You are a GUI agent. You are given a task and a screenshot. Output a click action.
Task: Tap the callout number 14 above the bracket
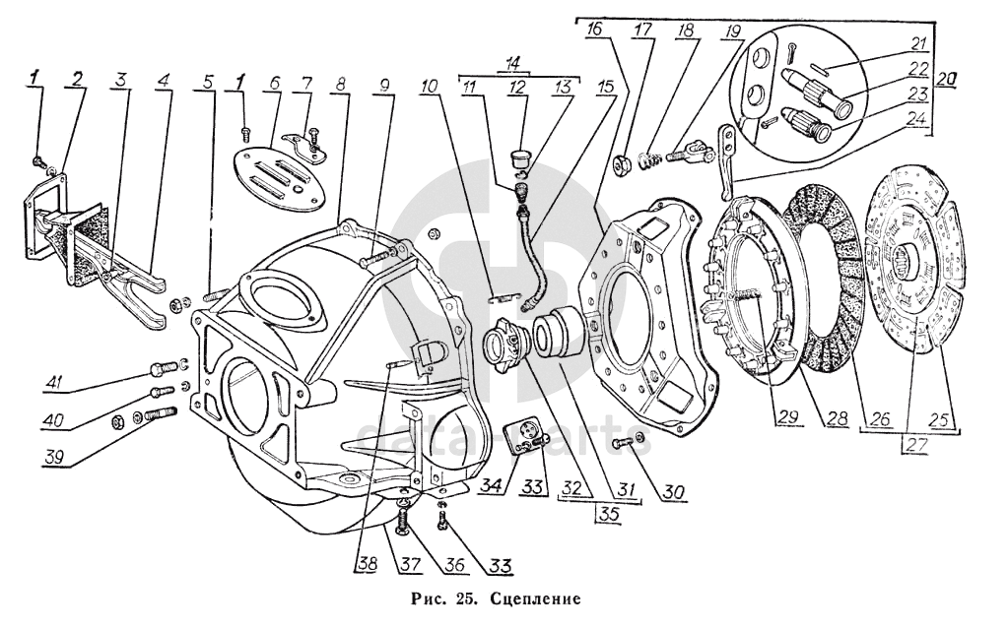[512, 64]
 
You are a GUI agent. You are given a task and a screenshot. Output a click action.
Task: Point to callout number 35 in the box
[612, 514]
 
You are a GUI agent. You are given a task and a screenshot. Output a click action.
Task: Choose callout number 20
[944, 80]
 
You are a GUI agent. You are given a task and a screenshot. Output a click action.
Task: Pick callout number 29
[788, 417]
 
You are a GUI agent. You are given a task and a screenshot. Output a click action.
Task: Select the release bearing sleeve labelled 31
[559, 332]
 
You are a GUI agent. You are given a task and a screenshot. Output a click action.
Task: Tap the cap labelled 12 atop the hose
[519, 158]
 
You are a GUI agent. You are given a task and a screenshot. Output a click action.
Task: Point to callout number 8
[340, 85]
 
